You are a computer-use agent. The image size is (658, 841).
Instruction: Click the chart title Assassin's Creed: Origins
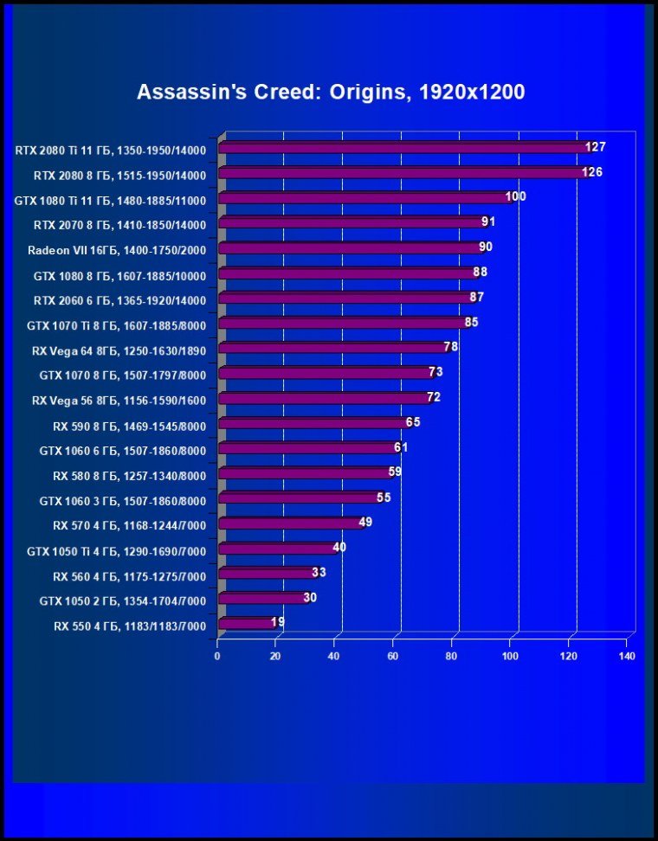pyautogui.click(x=331, y=92)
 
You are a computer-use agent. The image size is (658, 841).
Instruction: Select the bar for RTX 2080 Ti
pyautogui.click(x=403, y=148)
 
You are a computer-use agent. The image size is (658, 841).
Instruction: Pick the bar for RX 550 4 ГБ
pyautogui.click(x=246, y=622)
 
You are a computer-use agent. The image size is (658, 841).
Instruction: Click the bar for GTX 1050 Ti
pyautogui.click(x=277, y=548)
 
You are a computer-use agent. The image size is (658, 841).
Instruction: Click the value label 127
pyautogui.click(x=595, y=147)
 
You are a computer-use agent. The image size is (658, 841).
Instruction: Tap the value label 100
pyautogui.click(x=515, y=196)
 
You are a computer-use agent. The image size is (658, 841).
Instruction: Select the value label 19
pyautogui.click(x=278, y=621)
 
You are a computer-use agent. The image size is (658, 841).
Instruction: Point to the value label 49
pyautogui.click(x=365, y=522)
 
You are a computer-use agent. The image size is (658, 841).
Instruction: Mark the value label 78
pyautogui.click(x=450, y=347)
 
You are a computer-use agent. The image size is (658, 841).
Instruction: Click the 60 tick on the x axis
pyautogui.click(x=393, y=657)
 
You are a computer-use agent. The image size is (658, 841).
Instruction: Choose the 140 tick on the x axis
pyautogui.click(x=628, y=657)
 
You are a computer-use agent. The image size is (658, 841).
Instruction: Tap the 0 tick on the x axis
pyautogui.click(x=217, y=657)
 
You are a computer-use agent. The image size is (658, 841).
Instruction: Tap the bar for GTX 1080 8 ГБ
pyautogui.click(x=346, y=273)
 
